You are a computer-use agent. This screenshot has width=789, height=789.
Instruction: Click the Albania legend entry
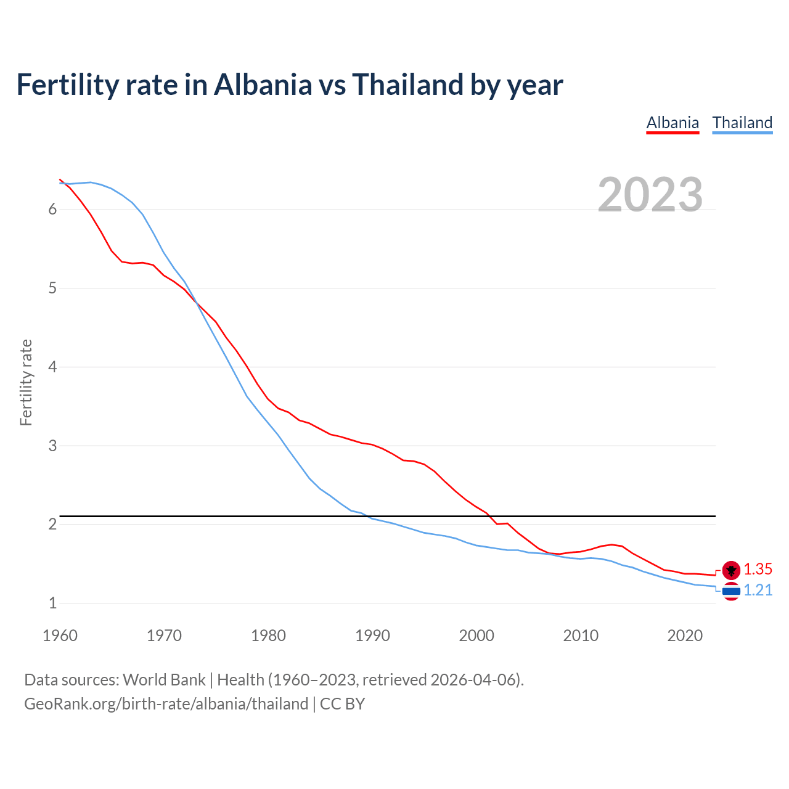coord(672,123)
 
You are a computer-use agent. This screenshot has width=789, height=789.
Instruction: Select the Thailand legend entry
coord(742,123)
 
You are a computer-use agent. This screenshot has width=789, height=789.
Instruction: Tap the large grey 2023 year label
coord(650,195)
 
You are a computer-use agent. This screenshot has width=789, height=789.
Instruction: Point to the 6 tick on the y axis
coord(52,210)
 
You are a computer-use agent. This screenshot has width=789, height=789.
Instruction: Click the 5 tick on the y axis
coord(52,288)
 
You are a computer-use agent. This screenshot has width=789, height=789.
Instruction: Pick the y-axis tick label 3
coord(52,446)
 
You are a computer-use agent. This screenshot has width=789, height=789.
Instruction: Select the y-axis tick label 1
coord(52,603)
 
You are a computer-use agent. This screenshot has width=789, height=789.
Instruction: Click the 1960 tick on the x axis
coord(60,636)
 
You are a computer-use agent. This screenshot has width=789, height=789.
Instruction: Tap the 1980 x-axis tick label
coord(268,636)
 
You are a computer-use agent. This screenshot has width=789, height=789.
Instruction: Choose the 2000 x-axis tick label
coord(476,636)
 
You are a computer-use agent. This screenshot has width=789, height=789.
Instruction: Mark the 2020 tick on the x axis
coord(685,636)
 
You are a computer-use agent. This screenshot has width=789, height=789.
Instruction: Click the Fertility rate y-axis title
coord(26,382)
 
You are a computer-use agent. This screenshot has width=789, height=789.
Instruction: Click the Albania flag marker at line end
coord(731,570)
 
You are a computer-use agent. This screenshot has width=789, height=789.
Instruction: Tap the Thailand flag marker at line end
coord(731,591)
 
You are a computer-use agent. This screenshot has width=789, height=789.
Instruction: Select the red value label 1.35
coord(758,570)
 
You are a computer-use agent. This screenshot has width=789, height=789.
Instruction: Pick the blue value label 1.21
coord(758,591)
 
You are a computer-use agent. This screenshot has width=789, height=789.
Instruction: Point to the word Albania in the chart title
coord(263,84)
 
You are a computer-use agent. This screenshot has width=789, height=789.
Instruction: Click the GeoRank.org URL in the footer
coord(166,704)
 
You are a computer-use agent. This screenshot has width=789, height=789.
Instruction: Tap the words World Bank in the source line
coord(164,680)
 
